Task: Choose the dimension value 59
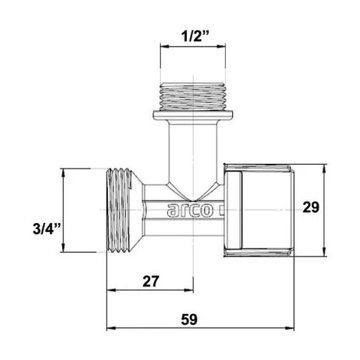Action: point(198,319)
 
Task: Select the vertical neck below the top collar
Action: point(188,153)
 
